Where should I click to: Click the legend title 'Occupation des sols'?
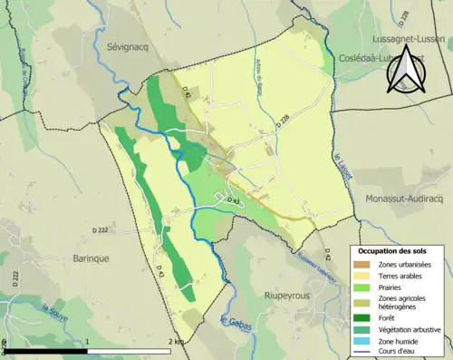click(392, 249)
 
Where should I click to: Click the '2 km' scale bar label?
click(174, 341)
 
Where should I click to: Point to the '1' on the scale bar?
click(87, 341)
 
